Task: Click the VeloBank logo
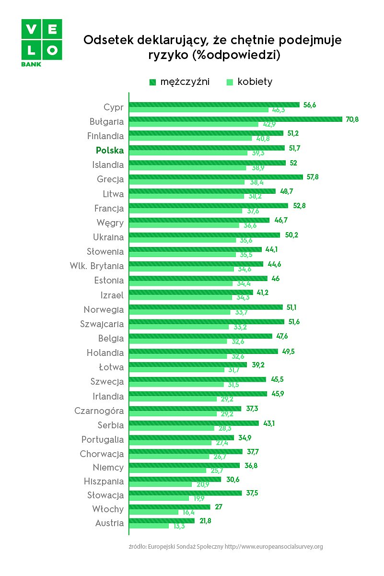42,42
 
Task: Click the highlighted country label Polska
110,151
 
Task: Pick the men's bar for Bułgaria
235,119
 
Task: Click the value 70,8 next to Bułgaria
352,119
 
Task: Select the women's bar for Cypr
199,110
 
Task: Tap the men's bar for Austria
162,520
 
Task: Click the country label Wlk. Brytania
97,266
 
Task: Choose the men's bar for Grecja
216,177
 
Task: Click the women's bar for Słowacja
159,498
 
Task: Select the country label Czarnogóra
99,411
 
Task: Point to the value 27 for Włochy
218,506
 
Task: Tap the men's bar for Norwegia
206,307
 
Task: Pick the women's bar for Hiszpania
161,484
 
